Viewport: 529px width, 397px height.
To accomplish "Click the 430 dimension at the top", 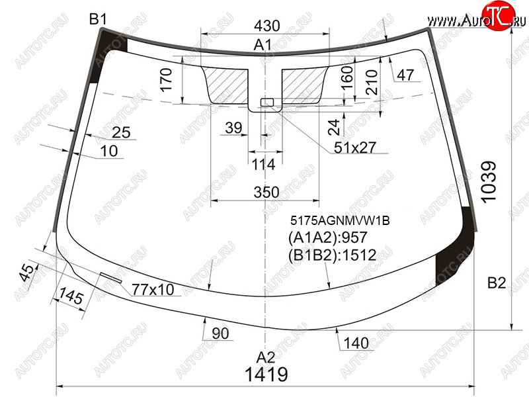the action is (267, 26).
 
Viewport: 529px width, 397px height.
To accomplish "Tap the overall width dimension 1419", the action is (266, 375).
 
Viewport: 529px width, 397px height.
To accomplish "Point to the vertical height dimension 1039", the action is (489, 182).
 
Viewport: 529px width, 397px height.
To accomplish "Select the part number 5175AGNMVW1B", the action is (340, 220).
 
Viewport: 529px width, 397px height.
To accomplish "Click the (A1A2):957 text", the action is (327, 238).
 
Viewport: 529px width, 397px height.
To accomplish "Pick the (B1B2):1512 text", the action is (333, 255).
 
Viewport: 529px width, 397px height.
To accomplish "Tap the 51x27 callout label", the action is (355, 148).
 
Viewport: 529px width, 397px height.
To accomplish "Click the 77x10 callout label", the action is (153, 290).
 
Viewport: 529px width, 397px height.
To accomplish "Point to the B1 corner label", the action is (98, 19).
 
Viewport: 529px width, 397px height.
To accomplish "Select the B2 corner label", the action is (497, 283).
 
